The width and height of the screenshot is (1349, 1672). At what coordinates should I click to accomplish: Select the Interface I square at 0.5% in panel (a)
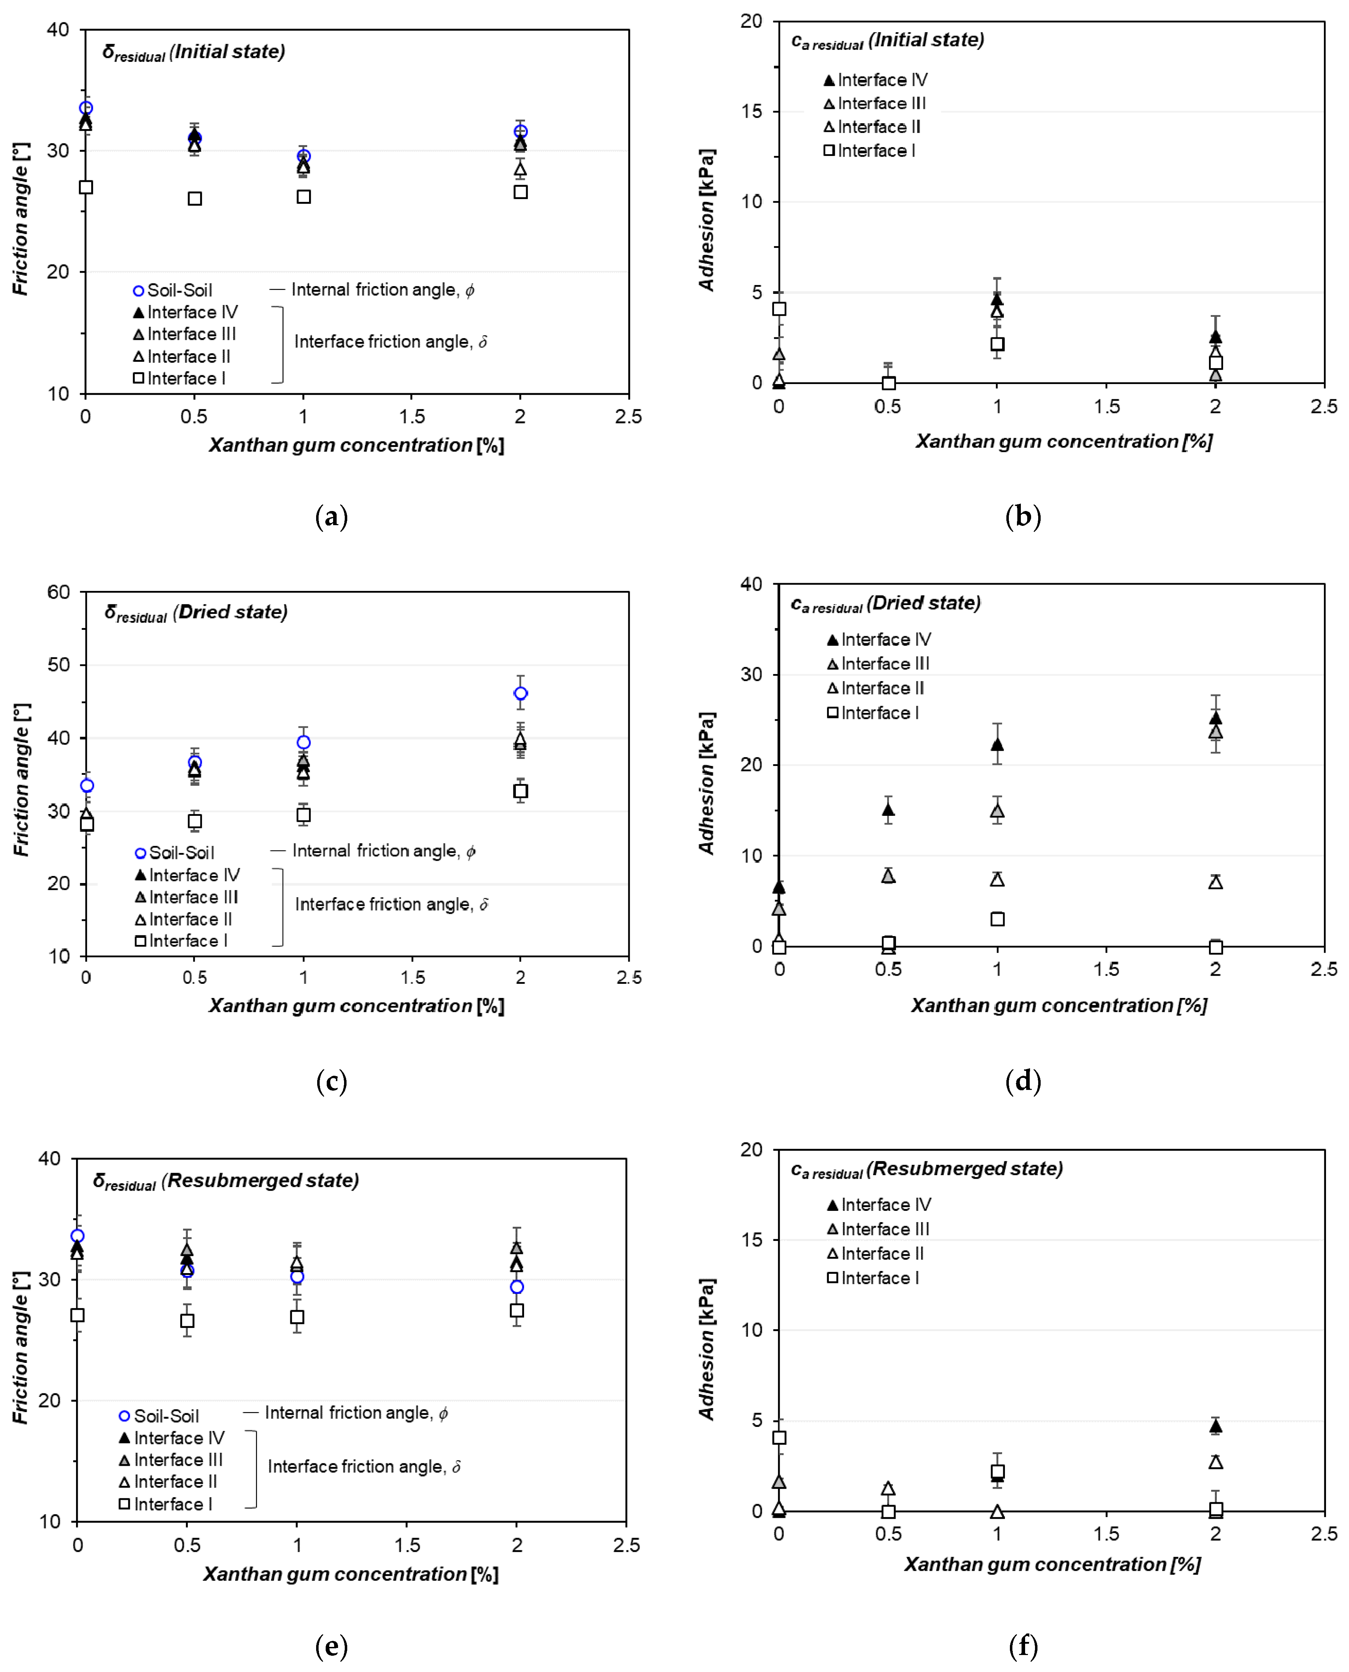tap(195, 199)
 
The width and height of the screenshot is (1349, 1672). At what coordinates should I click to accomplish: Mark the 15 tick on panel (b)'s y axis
tap(751, 111)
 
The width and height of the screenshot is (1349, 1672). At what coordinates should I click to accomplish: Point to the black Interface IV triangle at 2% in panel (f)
tap(1215, 1426)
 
